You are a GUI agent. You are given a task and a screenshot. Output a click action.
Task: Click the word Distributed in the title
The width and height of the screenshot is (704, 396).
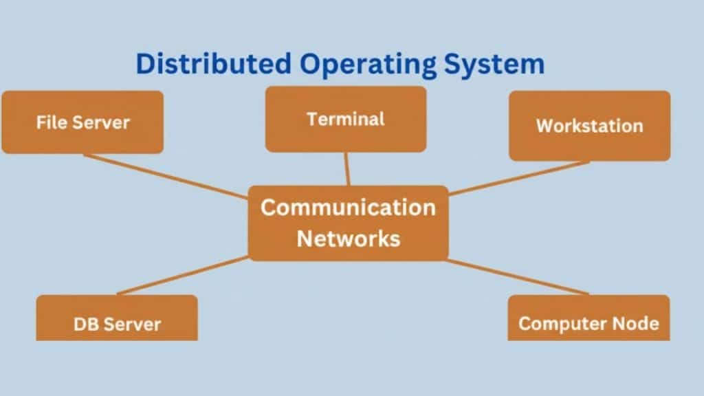[214, 64]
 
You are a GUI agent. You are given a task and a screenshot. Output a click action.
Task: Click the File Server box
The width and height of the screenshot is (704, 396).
[82, 122]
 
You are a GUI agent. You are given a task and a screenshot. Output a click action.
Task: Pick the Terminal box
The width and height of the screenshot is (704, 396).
[346, 119]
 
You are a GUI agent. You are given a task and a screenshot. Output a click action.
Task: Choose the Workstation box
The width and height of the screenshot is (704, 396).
[589, 126]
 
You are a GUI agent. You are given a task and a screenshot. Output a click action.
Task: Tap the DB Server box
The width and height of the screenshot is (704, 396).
[117, 320]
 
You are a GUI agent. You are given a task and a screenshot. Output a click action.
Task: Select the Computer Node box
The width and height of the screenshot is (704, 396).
[588, 320]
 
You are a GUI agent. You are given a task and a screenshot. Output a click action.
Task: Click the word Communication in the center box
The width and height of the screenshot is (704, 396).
[348, 207]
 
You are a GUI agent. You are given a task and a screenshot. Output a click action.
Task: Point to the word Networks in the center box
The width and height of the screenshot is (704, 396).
[348, 239]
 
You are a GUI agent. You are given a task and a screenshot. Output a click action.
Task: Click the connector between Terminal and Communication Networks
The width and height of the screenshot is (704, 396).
[347, 168]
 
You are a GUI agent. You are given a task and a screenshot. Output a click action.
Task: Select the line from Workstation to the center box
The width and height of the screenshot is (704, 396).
[518, 178]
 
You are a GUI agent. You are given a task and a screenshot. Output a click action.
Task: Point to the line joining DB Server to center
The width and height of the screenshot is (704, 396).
[182, 276]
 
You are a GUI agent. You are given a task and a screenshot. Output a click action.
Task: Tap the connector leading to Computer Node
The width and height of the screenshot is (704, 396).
[516, 276]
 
